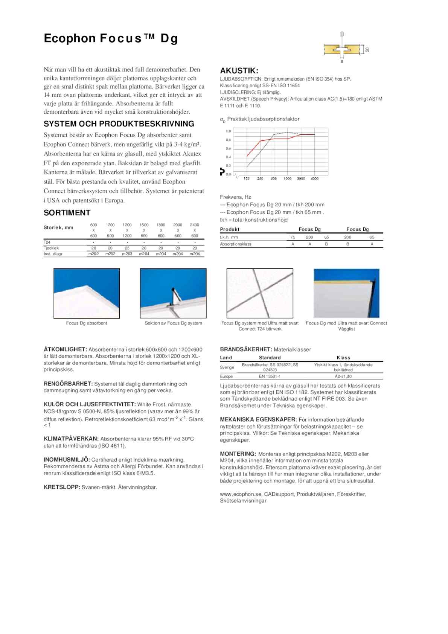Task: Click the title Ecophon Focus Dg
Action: pyautogui.click(x=111, y=38)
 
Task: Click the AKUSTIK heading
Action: pyautogui.click(x=239, y=71)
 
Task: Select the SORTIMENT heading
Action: pyautogui.click(x=67, y=213)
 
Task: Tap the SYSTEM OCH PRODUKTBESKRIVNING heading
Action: pyautogui.click(x=119, y=124)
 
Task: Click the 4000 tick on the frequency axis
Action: pyautogui.click(x=314, y=178)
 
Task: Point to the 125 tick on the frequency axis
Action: pyautogui.click(x=247, y=178)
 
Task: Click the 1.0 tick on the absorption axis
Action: pyautogui.click(x=229, y=131)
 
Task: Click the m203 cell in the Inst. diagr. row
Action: pyautogui.click(x=127, y=254)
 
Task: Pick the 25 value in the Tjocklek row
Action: pyautogui.click(x=127, y=248)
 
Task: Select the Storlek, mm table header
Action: pyautogui.click(x=58, y=227)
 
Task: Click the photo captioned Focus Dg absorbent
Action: pyautogui.click(x=87, y=293)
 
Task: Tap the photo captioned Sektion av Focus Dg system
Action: pyautogui.click(x=173, y=293)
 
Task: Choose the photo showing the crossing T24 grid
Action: pyautogui.click(x=260, y=293)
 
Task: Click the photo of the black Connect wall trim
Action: pyautogui.click(x=347, y=293)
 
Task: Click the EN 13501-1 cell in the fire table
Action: pyautogui.click(x=270, y=376)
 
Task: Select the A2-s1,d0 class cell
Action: pyautogui.click(x=343, y=376)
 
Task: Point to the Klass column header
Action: pyautogui.click(x=343, y=358)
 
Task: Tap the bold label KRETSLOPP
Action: pyautogui.click(x=62, y=487)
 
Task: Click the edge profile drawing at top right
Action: pyautogui.click(x=343, y=49)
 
